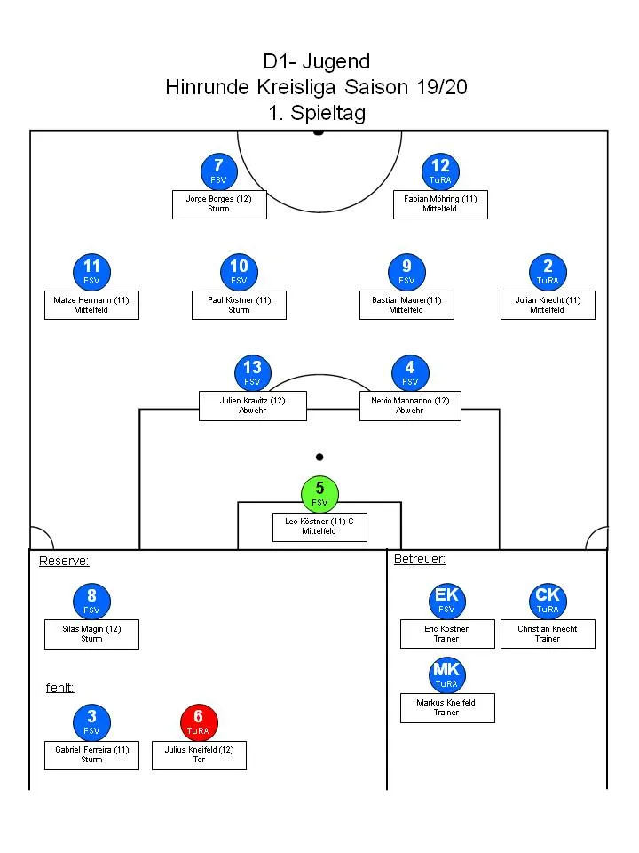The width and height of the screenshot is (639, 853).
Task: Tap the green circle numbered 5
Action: point(319,493)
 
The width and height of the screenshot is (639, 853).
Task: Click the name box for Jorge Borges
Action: point(218,203)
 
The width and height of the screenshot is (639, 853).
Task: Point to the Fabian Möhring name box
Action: point(440,203)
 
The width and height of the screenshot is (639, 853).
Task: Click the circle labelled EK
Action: point(446,600)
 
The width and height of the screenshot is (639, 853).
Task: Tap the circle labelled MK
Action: point(446,674)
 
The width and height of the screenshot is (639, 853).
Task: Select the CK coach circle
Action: point(548,600)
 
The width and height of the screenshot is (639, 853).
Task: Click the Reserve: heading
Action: point(64,561)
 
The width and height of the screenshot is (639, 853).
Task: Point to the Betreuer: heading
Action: point(419,560)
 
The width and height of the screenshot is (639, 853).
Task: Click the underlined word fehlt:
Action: point(59,688)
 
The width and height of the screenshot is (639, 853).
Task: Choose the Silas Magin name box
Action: point(91,634)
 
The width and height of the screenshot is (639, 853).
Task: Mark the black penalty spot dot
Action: point(319,458)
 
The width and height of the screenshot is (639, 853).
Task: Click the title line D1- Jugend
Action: point(317,61)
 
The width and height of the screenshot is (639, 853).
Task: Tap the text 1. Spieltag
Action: point(317,113)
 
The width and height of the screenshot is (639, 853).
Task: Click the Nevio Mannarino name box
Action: point(409,405)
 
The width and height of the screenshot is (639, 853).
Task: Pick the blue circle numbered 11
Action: point(91,272)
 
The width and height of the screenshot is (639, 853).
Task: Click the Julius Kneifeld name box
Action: point(199,755)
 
